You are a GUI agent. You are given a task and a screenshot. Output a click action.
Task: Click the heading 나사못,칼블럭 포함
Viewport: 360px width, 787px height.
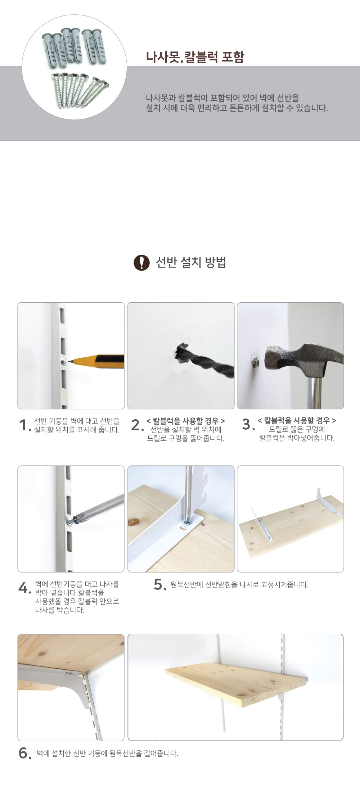195,57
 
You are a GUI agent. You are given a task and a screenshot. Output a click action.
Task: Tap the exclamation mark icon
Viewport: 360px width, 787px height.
141,263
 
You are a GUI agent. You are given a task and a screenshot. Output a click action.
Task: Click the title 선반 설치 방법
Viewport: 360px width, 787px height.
191,263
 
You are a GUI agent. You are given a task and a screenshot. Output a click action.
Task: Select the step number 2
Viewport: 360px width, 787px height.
137,425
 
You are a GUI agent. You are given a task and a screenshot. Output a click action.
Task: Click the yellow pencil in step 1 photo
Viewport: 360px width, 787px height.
98,361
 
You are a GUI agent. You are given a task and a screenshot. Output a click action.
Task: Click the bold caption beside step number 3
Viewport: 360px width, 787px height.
297,421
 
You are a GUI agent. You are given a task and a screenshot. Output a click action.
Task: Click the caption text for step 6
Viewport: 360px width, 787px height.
108,753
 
